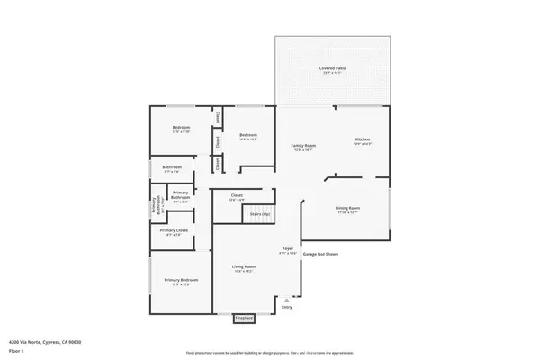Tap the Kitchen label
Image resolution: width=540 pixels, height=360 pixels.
click(x=362, y=139)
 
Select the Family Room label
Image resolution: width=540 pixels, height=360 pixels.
click(x=302, y=145)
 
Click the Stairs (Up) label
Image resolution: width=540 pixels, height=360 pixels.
click(x=260, y=214)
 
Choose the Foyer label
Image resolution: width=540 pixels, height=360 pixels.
click(x=288, y=249)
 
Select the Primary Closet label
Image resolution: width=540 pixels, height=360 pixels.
click(x=175, y=231)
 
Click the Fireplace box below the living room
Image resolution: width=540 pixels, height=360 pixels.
click(x=243, y=318)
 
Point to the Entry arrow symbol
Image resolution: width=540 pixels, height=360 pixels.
click(x=287, y=299)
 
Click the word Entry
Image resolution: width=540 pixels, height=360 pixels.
click(x=287, y=307)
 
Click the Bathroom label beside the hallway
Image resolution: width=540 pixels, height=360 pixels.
click(x=172, y=167)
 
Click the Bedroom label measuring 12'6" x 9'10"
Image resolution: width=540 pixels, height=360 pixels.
click(x=181, y=128)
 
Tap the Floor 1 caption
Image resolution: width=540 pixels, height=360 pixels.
click(x=15, y=350)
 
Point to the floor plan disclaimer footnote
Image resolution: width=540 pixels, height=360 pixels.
click(x=269, y=353)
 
